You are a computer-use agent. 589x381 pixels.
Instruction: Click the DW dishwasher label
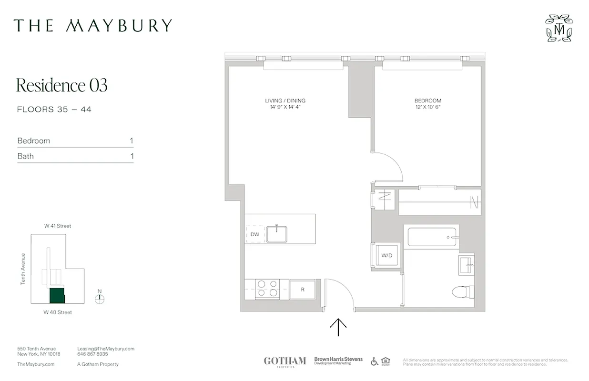[x=254, y=234]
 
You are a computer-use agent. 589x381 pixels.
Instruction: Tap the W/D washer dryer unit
[x=386, y=256]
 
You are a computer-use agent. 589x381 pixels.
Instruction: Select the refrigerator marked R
[x=302, y=289]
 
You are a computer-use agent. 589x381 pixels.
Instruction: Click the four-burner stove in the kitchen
[x=267, y=289]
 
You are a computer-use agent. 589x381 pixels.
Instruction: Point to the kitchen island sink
[x=276, y=234]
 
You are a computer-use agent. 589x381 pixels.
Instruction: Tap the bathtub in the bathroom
[x=432, y=237]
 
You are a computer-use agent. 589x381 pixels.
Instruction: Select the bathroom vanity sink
[x=467, y=263]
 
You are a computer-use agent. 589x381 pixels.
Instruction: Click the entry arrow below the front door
[x=338, y=327]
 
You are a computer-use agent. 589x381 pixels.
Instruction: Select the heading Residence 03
[x=62, y=85]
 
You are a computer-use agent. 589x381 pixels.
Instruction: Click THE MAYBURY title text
[x=92, y=26]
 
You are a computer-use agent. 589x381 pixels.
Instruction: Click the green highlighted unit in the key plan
[x=57, y=296]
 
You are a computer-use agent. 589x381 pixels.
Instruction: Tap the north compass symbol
[x=100, y=299]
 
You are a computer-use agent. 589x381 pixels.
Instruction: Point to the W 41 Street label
[x=58, y=226]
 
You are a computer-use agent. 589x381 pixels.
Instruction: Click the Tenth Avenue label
[x=23, y=269]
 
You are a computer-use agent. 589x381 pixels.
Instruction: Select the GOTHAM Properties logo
[x=284, y=361]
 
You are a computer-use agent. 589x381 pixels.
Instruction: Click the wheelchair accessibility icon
[x=374, y=361]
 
